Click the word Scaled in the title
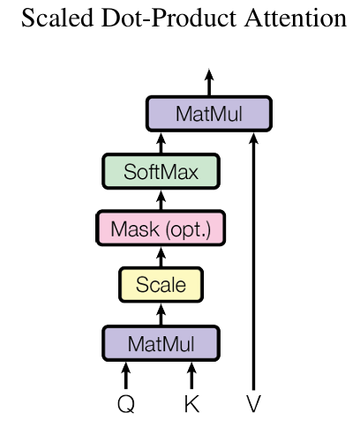[57, 18]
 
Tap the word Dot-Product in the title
[169, 18]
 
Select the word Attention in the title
[296, 18]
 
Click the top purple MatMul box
[209, 114]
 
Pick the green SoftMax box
[161, 171]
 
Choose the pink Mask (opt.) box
[161, 228]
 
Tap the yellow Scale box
[161, 285]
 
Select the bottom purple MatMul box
[161, 343]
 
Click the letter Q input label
[126, 404]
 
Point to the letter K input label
[191, 404]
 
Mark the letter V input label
[253, 404]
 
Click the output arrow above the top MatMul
[209, 82]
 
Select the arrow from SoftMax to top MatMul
[161, 143]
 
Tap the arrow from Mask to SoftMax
[161, 199]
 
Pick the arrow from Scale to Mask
[161, 257]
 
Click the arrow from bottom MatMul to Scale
[161, 314]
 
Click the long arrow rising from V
[253, 261]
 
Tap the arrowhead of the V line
[253, 139]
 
